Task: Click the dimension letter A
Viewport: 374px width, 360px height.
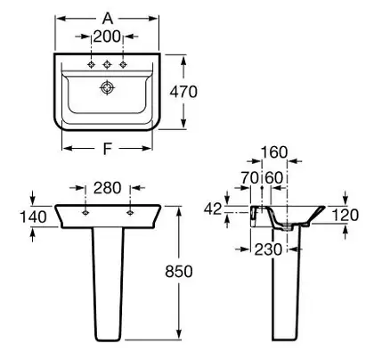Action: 108,19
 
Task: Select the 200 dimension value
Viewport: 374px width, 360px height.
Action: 107,37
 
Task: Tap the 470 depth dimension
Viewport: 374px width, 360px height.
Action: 183,92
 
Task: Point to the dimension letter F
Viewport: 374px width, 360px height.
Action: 107,148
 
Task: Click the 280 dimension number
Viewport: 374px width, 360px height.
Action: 108,188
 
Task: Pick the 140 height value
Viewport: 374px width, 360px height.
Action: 33,217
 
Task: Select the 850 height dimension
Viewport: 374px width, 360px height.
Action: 179,271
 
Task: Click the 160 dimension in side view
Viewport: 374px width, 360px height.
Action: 274,152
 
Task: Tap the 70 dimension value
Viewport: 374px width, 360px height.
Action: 249,177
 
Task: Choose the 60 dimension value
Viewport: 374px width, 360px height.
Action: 274,177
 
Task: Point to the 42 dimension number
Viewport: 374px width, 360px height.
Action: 213,209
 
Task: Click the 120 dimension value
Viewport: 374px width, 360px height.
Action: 345,215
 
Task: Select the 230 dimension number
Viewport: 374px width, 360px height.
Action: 268,250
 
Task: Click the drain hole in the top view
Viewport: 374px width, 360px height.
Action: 107,87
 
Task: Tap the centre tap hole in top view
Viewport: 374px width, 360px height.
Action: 107,64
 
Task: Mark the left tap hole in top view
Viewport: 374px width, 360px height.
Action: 92,64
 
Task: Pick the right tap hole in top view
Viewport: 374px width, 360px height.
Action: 123,64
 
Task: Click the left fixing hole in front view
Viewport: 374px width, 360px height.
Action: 85,212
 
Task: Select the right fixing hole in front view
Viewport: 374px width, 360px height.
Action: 130,212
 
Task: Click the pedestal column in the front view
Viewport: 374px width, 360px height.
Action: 108,283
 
